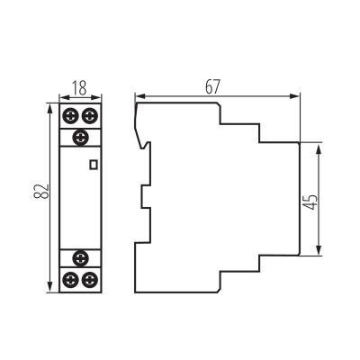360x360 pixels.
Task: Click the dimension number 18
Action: click(79, 88)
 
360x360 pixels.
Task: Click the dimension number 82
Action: click(41, 191)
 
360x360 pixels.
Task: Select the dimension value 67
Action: click(212, 86)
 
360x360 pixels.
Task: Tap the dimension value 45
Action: click(310, 202)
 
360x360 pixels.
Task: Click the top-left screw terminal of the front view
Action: click(71, 116)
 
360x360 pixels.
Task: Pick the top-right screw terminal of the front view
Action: click(90, 116)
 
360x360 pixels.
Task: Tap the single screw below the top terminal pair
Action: click(80, 138)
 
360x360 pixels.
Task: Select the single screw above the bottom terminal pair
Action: click(80, 258)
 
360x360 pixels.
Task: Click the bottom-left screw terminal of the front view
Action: click(71, 280)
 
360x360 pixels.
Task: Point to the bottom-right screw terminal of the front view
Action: click(90, 280)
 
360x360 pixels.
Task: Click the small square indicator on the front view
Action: click(94, 165)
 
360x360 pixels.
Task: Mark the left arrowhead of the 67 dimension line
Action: click(140, 96)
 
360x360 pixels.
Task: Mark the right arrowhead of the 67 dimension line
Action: click(294, 96)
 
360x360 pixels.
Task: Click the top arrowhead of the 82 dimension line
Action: click(50, 109)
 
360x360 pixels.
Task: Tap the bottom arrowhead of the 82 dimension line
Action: click(50, 286)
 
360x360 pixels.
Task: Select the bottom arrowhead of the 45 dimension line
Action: click(319, 250)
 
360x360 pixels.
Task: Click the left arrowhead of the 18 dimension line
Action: click(65, 97)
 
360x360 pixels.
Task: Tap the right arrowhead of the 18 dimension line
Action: click(96, 97)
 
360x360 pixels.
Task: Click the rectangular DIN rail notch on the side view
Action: click(146, 197)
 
